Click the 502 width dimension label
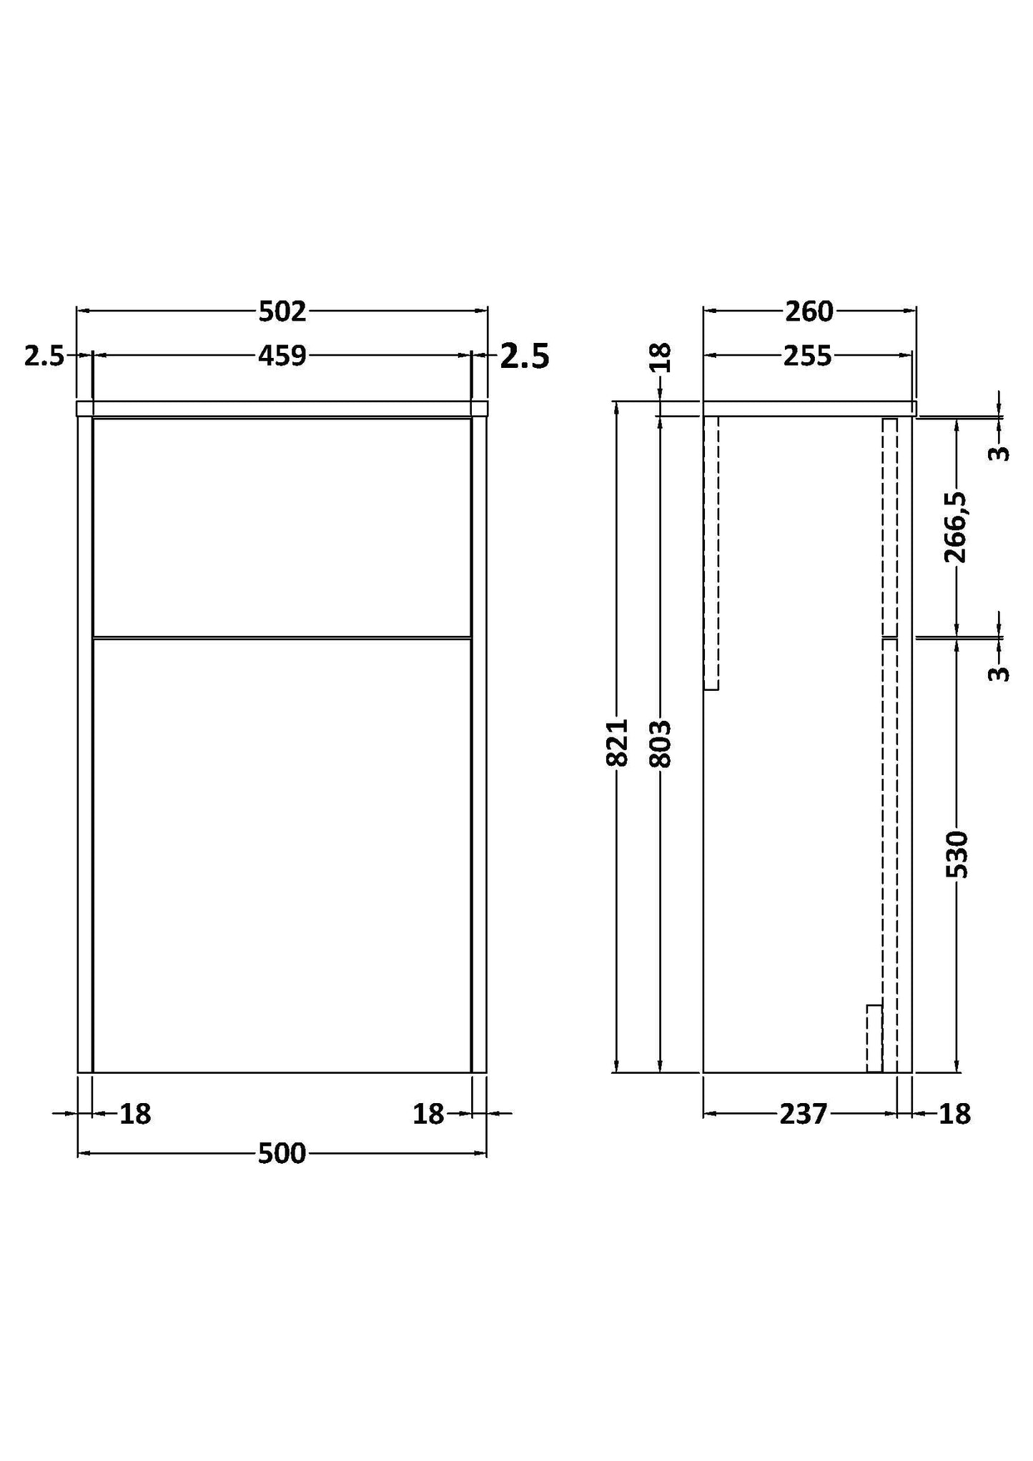tap(282, 311)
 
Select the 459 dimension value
tap(282, 356)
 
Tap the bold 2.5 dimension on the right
tap(524, 356)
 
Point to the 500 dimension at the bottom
tap(282, 1153)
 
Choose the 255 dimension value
tap(807, 356)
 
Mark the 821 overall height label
tap(617, 743)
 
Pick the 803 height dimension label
tap(660, 743)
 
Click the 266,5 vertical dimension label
tap(957, 527)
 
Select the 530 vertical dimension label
tap(957, 854)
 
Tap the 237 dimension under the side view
tap(803, 1113)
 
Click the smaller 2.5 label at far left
tap(44, 356)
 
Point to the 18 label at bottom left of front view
tap(135, 1113)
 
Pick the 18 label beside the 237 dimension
tap(954, 1113)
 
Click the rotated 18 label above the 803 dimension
tap(661, 357)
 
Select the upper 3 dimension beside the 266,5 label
tap(999, 453)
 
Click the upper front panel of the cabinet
tap(282, 527)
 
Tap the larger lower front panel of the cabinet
tap(282, 854)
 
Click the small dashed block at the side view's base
tap(874, 1038)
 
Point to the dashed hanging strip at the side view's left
tap(711, 553)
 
